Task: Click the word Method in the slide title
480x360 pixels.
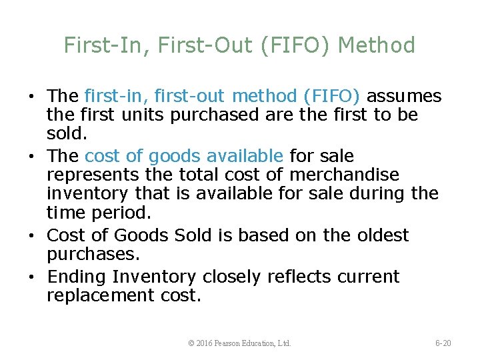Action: pos(377,45)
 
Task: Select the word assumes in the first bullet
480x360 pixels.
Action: pos(404,97)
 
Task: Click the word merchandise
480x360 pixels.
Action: pos(343,175)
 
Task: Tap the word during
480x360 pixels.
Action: pos(375,193)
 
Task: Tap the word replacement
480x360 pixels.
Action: pos(101,295)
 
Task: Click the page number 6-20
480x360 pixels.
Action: pos(443,343)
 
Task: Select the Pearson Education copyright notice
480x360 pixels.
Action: pos(240,343)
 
